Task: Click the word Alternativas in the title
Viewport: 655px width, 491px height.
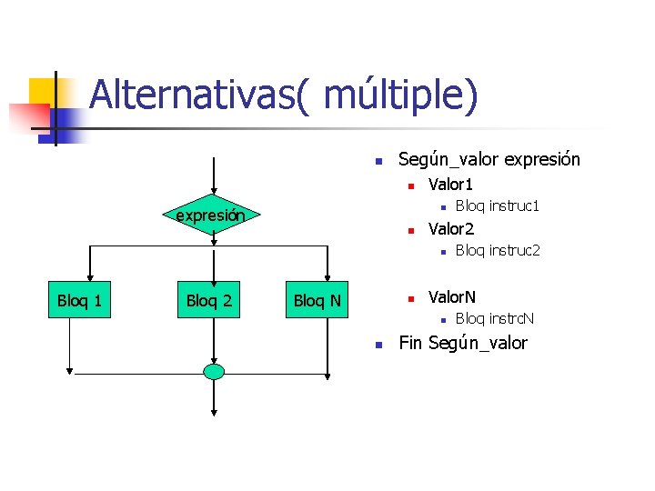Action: [191, 95]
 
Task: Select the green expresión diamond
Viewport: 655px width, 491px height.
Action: [210, 216]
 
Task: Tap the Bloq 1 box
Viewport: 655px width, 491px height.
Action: [79, 300]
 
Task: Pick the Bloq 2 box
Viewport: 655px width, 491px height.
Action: [209, 300]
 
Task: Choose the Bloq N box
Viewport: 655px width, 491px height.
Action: [317, 300]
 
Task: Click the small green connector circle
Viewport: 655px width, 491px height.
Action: [214, 371]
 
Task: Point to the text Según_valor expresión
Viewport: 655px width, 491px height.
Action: [489, 160]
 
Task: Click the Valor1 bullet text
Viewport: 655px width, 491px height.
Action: [451, 185]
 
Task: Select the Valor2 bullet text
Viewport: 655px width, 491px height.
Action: [451, 228]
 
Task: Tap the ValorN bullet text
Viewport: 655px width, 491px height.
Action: [452, 297]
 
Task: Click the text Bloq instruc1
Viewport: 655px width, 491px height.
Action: [498, 206]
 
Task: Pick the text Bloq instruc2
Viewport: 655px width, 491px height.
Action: [498, 250]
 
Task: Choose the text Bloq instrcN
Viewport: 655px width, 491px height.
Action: [495, 319]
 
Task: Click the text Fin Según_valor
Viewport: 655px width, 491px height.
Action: [463, 344]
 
